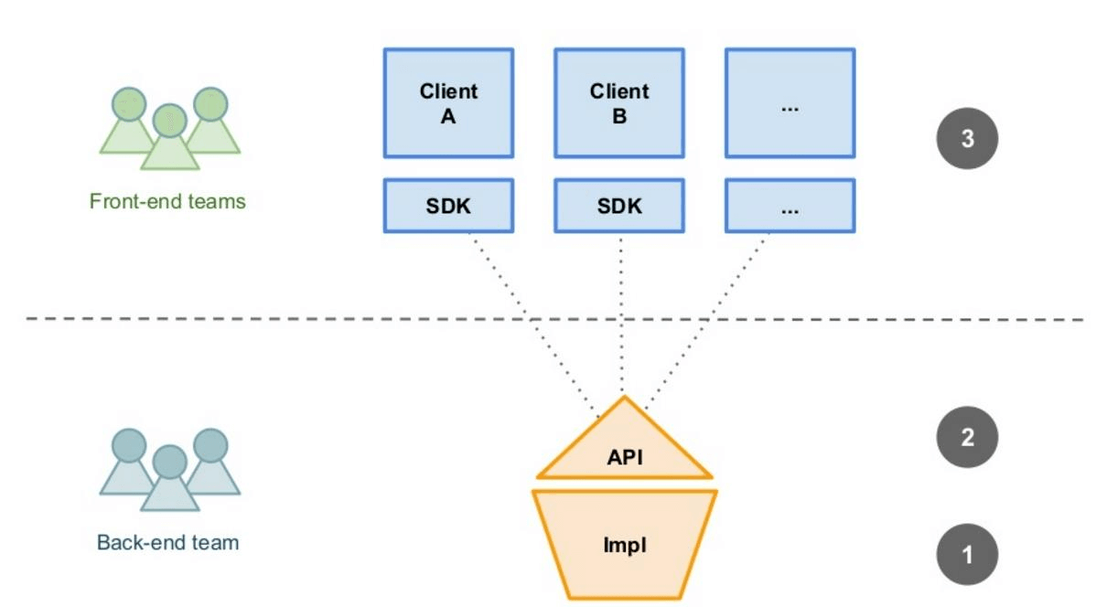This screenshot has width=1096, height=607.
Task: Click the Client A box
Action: tap(449, 103)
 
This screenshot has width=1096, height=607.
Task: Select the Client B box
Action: tap(619, 103)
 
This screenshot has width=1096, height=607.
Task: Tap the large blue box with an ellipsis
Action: tap(790, 103)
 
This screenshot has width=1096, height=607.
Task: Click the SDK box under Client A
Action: tap(449, 206)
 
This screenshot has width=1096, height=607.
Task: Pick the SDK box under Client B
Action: tap(619, 206)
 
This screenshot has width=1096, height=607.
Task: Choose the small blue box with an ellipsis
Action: tap(790, 206)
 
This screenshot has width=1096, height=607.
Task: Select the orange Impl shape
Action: tap(624, 544)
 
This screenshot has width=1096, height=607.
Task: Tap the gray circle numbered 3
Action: tap(967, 138)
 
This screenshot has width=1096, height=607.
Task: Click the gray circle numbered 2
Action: tap(967, 437)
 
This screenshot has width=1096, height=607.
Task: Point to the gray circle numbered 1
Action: tap(967, 555)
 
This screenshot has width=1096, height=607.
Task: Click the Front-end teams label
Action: tap(167, 202)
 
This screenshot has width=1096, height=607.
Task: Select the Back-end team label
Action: tap(167, 543)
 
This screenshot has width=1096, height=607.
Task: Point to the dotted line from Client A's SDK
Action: tap(534, 325)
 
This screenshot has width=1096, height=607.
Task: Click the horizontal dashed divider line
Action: tap(554, 319)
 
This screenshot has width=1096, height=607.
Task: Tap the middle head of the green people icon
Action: tap(170, 120)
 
